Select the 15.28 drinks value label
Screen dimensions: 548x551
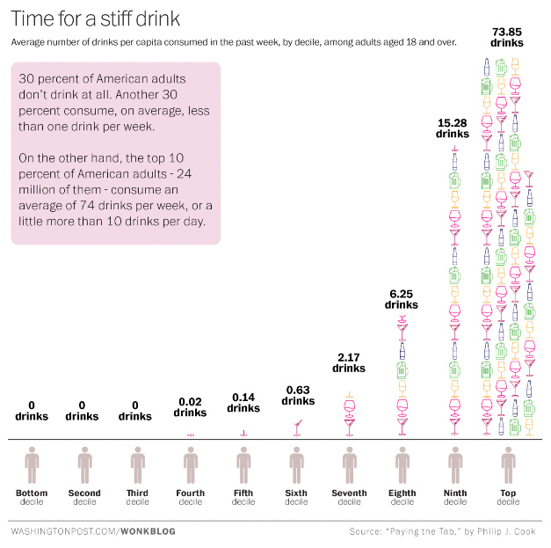coord(453,128)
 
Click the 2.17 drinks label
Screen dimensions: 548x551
coord(349,362)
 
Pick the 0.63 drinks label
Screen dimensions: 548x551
coord(297,396)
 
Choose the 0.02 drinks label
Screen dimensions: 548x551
coord(190,407)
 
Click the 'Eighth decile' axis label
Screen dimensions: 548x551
coord(402,497)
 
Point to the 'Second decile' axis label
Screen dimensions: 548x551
coord(84,497)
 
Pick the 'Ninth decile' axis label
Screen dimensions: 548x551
coord(454,497)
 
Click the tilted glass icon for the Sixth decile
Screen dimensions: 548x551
coord(297,427)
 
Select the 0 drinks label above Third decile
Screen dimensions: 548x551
coord(135,411)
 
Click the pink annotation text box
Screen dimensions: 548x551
coord(115,152)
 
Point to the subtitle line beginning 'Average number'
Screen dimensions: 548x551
coord(233,41)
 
